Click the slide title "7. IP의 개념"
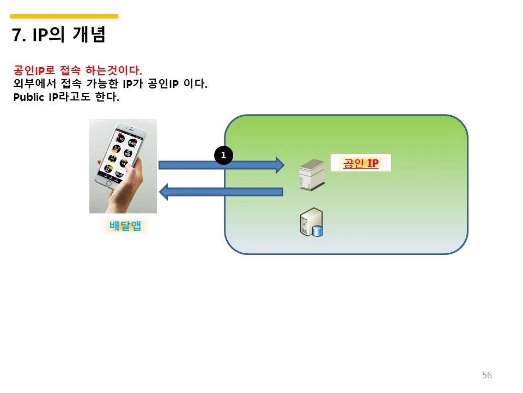click(x=58, y=35)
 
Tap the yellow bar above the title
click(x=64, y=16)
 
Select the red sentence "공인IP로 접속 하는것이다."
click(x=77, y=70)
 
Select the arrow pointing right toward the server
click(x=221, y=164)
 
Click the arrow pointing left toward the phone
click(x=221, y=191)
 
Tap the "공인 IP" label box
click(x=361, y=163)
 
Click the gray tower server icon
click(x=307, y=174)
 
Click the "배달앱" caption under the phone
click(x=125, y=225)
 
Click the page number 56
click(x=486, y=375)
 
